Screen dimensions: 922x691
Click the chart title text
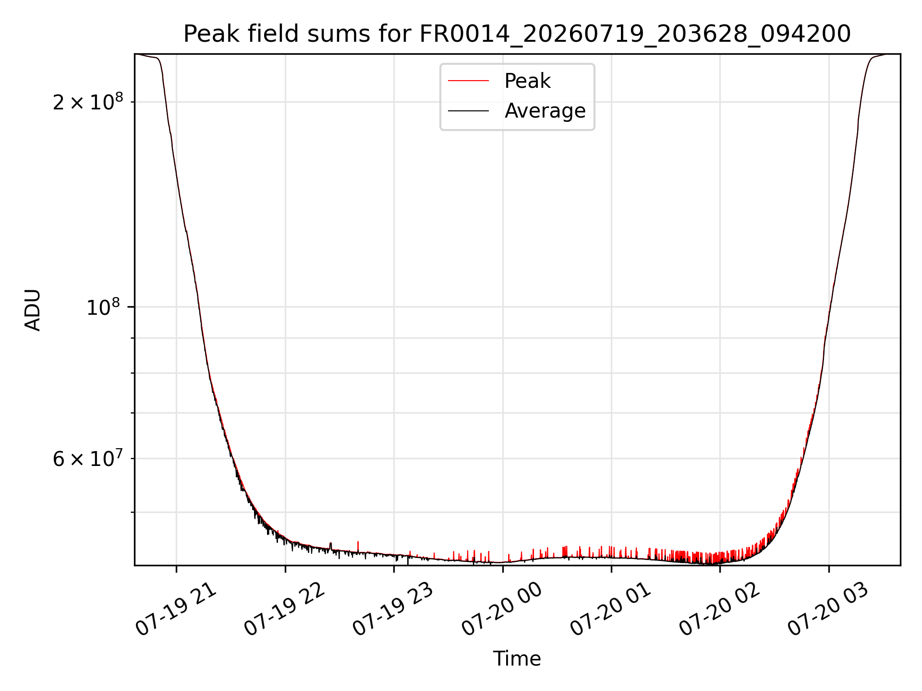click(x=517, y=34)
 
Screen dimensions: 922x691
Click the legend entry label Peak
click(x=527, y=81)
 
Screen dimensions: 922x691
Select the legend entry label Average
click(x=545, y=111)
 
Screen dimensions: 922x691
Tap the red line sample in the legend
click(x=468, y=81)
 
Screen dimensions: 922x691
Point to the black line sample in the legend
click(x=468, y=111)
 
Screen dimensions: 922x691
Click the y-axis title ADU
click(x=33, y=310)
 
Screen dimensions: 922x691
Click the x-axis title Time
click(x=517, y=659)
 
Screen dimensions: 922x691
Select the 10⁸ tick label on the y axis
click(x=105, y=307)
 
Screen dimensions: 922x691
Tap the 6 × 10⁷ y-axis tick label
click(x=88, y=458)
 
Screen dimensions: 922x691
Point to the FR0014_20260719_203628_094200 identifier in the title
click(x=635, y=35)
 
